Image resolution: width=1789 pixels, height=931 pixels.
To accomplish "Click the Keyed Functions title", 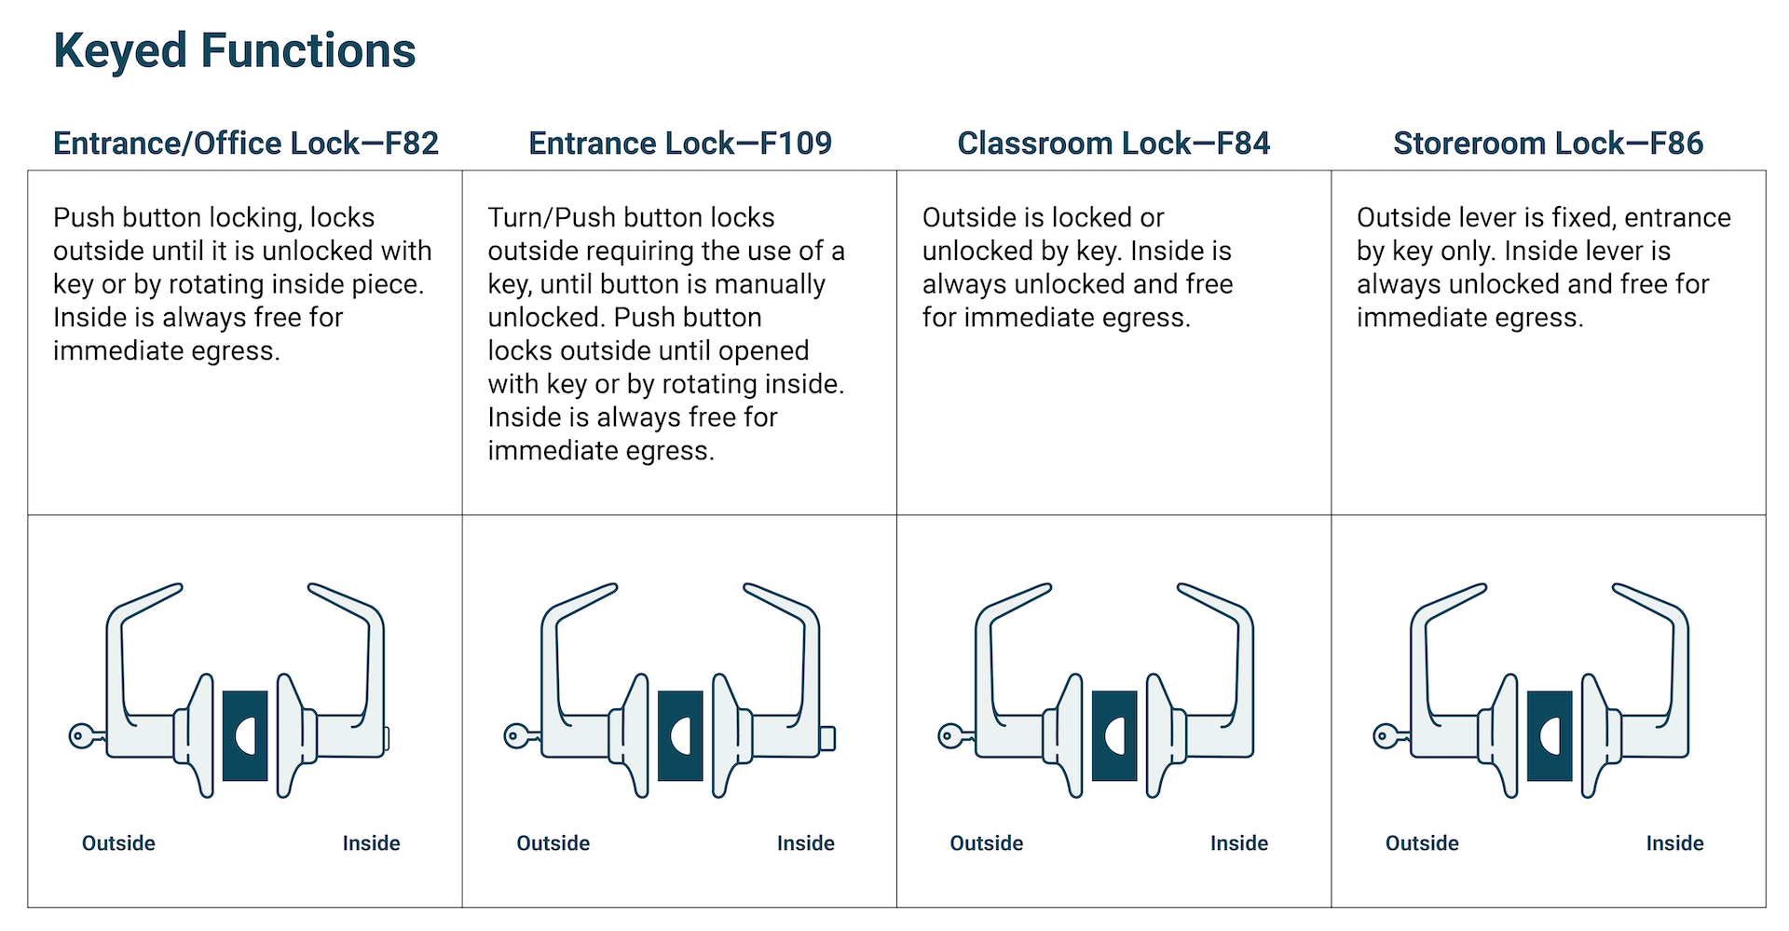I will click(234, 50).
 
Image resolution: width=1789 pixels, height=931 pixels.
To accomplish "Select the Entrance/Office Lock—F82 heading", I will click(246, 144).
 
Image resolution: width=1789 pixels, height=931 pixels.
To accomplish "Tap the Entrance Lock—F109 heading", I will click(680, 144).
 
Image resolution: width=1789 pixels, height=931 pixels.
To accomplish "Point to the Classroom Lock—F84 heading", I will click(1113, 144).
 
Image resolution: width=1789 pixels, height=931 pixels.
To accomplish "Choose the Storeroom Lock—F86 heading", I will click(1548, 144).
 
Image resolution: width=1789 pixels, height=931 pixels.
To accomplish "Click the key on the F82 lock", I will click(86, 736).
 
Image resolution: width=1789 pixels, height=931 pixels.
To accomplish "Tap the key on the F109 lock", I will click(520, 736).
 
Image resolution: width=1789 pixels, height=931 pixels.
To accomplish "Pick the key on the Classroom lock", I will click(954, 736).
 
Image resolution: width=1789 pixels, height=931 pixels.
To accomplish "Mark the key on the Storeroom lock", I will click(1389, 736).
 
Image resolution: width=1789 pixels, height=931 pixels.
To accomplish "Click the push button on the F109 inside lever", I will click(827, 738).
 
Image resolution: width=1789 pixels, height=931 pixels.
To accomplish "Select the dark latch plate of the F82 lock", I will click(245, 736).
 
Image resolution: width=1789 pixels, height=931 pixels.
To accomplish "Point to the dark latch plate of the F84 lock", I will click(1114, 736).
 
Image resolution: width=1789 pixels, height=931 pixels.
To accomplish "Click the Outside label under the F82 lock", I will click(118, 843).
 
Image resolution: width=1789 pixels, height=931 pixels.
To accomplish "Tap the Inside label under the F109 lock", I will click(806, 843).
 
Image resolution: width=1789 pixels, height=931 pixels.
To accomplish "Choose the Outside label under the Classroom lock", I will click(987, 843).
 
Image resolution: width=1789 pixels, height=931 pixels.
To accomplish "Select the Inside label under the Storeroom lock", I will click(1674, 843).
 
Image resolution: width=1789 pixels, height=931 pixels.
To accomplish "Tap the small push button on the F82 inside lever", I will click(387, 738).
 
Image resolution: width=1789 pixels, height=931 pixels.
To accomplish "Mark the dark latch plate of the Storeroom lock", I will click(1550, 736).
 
